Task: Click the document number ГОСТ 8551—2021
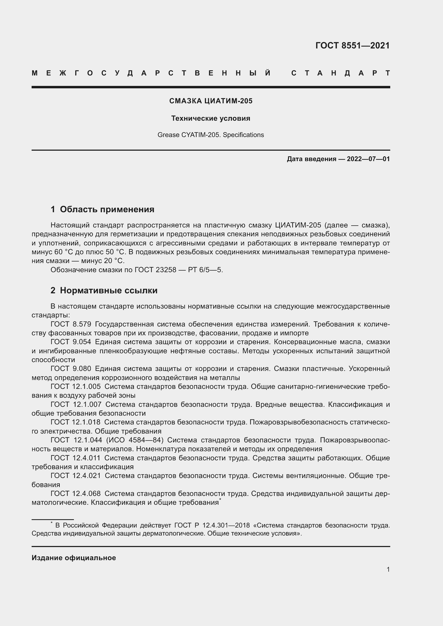click(x=352, y=45)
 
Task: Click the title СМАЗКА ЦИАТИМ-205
click(x=211, y=101)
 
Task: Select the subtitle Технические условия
click(x=211, y=118)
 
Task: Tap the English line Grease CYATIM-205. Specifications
click(x=211, y=135)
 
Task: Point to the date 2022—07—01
click(x=368, y=159)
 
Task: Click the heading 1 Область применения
click(x=102, y=209)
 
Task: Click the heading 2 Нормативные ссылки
click(x=104, y=291)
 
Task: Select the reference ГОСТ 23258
click(x=155, y=270)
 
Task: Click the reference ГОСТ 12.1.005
click(x=75, y=387)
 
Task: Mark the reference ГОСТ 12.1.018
click(x=75, y=422)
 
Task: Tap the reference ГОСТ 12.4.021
click(x=75, y=476)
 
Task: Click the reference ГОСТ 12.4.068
click(x=75, y=494)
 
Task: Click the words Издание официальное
click(x=74, y=558)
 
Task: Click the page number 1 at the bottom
click(x=388, y=569)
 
